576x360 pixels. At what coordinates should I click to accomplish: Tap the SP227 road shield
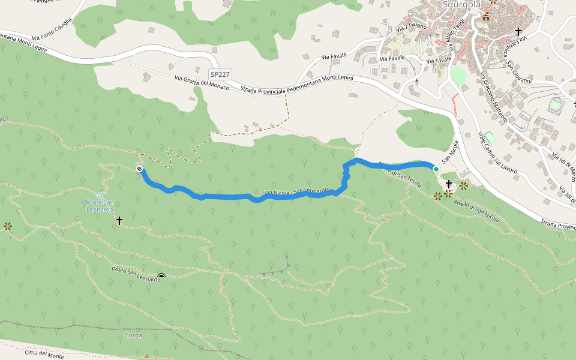click(220, 73)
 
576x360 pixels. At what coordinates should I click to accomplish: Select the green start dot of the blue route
click(436, 169)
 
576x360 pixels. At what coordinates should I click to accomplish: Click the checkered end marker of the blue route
click(139, 169)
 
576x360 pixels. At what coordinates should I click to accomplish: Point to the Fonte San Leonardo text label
click(100, 206)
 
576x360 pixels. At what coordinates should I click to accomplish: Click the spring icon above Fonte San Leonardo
click(100, 196)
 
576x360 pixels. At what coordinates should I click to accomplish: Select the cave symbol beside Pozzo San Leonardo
click(161, 277)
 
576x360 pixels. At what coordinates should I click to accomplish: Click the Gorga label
click(133, 335)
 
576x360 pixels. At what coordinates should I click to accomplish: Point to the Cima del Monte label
click(44, 355)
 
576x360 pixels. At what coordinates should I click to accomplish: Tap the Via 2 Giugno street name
click(412, 28)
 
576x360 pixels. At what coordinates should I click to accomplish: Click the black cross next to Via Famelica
click(518, 31)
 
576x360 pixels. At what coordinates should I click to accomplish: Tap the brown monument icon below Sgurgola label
click(485, 18)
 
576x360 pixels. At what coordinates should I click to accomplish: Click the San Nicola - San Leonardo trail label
click(296, 192)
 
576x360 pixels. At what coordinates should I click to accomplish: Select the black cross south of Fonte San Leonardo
click(119, 221)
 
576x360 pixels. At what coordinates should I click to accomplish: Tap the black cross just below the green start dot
click(448, 184)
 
